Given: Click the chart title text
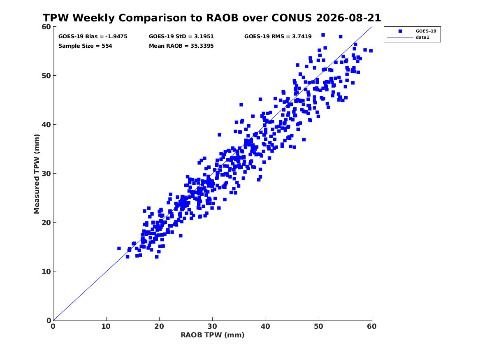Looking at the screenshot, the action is [x=212, y=18].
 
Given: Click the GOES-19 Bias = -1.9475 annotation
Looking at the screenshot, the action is [x=93, y=37].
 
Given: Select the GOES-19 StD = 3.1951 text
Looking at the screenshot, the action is [x=181, y=37].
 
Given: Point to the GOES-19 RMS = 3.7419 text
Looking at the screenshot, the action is [x=278, y=37].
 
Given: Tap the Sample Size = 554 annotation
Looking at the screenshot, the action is [x=85, y=46].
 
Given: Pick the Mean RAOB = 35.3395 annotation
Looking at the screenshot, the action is [x=181, y=46].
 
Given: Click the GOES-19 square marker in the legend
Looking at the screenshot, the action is [x=400, y=31].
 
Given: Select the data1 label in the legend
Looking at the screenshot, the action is [x=422, y=37].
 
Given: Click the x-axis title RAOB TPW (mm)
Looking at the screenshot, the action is [x=213, y=335].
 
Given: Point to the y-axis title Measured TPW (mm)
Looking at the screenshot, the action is [x=37, y=174].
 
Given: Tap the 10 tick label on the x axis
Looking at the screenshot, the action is [x=106, y=326].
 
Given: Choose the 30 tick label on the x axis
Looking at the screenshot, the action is [x=212, y=326].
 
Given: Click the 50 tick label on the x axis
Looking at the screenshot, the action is [x=318, y=326].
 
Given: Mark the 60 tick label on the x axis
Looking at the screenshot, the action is [x=372, y=326].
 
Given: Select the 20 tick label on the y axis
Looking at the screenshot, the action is [x=46, y=223].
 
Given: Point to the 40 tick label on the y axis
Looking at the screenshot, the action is [x=46, y=125].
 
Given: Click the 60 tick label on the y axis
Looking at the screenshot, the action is [x=46, y=27].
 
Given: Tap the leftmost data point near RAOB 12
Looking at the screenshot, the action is [x=119, y=249].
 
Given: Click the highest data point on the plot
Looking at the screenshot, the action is [x=323, y=35].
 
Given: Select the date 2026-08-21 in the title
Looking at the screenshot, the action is [x=348, y=18].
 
